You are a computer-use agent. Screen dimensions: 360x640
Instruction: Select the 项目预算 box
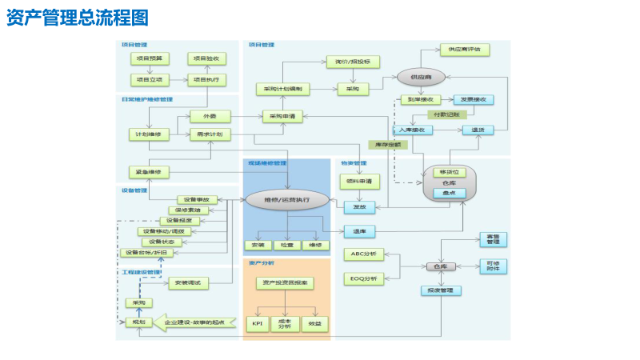(147, 58)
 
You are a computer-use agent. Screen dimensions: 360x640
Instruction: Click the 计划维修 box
(148, 134)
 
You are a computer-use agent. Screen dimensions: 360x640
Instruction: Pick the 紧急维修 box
(148, 172)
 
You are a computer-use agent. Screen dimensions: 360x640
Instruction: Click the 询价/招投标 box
(352, 62)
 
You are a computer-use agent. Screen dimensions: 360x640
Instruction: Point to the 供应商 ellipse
(421, 77)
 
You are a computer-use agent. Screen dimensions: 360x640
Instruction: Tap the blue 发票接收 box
(474, 100)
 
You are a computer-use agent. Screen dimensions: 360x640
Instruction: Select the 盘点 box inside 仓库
(449, 193)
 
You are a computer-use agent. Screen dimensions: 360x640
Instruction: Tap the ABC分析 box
(363, 254)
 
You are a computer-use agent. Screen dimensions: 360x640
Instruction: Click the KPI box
(258, 324)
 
